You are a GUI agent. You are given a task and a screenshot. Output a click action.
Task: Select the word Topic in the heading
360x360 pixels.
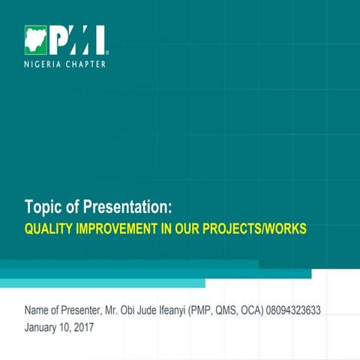pyautogui.click(x=43, y=207)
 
